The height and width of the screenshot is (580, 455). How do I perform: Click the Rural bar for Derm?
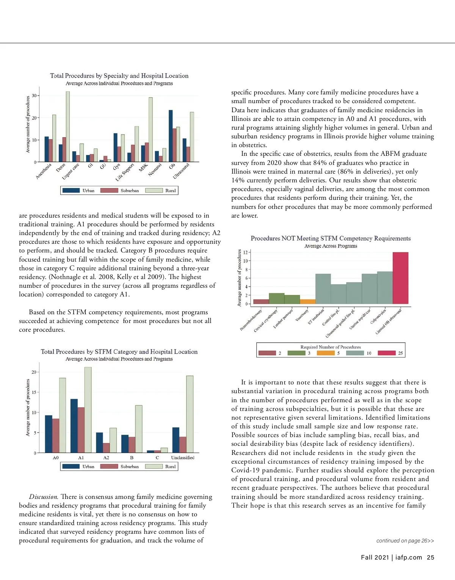(68, 127)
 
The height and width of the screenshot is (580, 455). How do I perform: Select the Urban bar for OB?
(171, 136)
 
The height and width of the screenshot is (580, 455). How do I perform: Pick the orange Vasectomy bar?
(308, 302)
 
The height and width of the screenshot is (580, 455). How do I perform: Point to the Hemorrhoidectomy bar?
(261, 302)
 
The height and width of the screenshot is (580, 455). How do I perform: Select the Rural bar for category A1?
(88, 410)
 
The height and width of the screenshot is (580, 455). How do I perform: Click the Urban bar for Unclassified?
(176, 440)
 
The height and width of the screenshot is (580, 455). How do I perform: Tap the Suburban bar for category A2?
(106, 448)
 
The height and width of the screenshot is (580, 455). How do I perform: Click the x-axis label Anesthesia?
(44, 171)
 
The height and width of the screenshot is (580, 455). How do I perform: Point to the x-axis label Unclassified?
(182, 458)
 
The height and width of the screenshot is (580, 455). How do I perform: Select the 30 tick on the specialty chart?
(34, 96)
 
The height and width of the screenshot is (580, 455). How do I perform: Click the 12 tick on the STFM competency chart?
(246, 252)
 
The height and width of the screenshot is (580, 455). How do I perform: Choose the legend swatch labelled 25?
(387, 353)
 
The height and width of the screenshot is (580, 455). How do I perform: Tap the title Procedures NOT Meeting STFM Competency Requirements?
(331, 238)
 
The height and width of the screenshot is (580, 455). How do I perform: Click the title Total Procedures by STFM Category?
(119, 352)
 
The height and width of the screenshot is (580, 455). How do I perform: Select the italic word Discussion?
(44, 497)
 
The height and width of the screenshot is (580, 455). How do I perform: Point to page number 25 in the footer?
(430, 557)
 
